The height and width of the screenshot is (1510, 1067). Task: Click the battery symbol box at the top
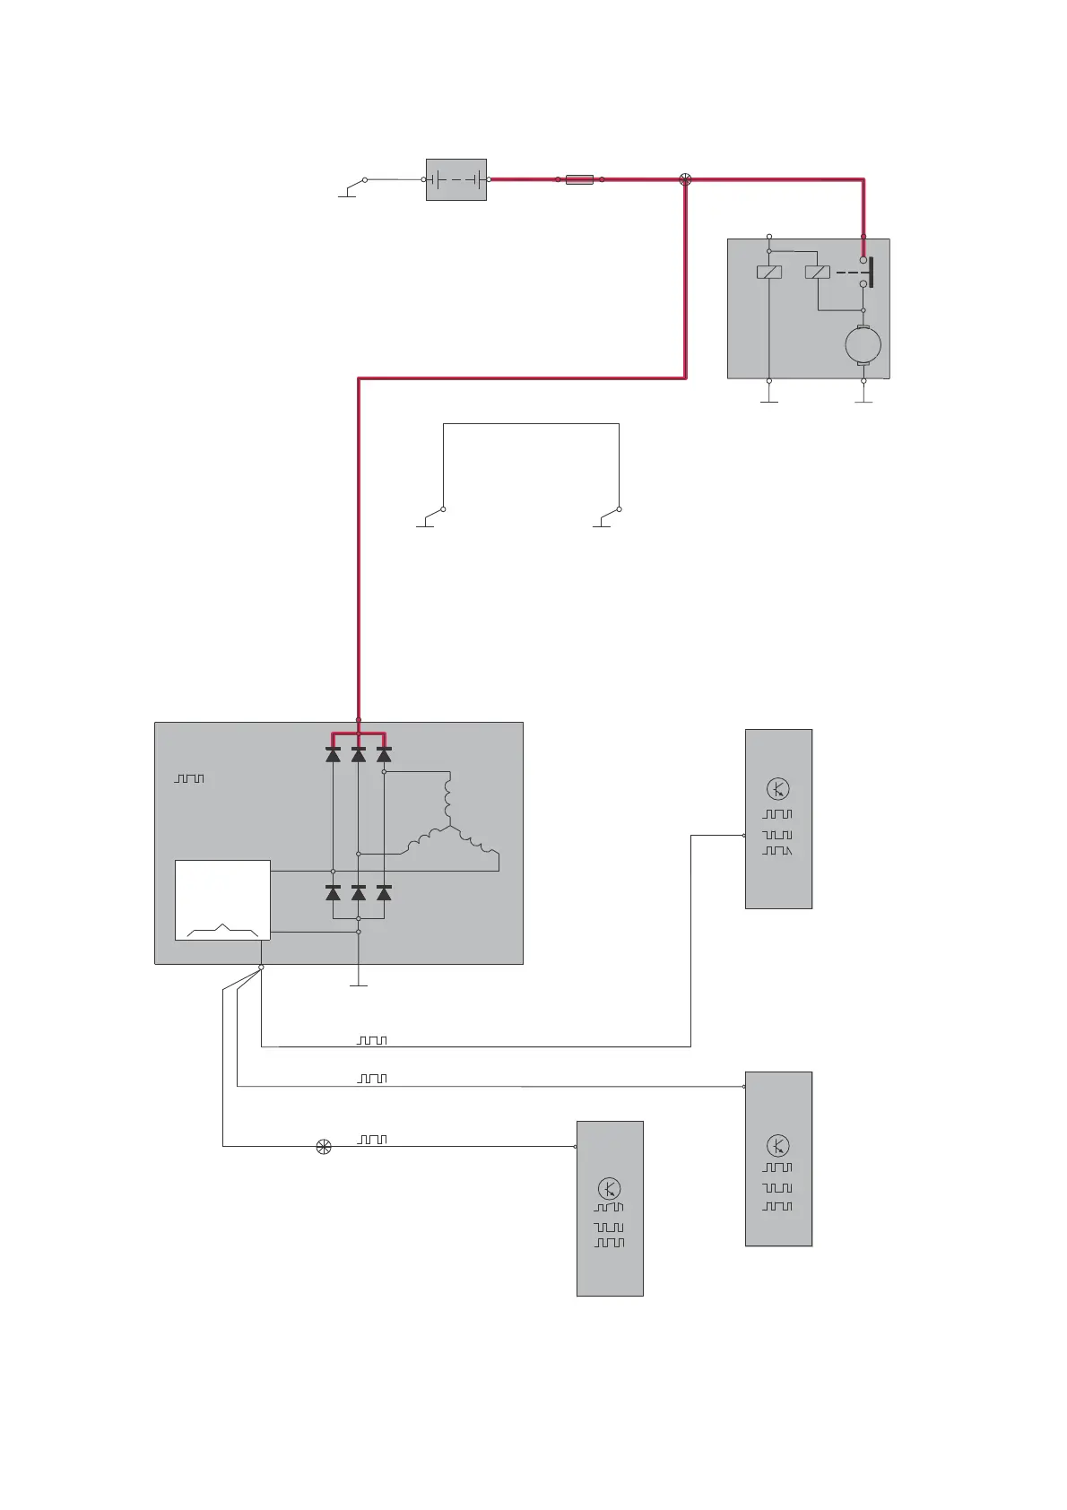tap(455, 179)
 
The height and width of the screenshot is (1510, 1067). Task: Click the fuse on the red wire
tap(579, 179)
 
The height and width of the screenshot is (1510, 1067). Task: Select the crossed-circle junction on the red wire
tap(686, 179)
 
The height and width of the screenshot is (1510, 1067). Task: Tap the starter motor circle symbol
tap(863, 345)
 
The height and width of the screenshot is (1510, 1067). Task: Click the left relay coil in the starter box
tap(769, 272)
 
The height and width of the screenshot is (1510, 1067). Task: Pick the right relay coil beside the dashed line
tap(817, 272)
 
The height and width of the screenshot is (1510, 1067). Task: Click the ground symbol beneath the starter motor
tap(863, 400)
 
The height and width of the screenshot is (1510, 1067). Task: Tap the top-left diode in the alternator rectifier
tap(333, 755)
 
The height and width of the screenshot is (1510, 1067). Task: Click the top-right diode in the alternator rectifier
tap(384, 755)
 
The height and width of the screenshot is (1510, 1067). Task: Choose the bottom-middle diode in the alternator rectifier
tap(358, 893)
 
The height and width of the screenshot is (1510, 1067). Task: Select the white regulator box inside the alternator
tap(222, 899)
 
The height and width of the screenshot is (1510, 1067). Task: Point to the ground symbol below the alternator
tap(358, 985)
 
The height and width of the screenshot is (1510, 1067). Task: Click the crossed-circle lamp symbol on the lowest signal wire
tap(324, 1146)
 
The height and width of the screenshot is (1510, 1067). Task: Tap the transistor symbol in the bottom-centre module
tap(609, 1190)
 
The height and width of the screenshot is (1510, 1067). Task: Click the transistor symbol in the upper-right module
tap(777, 789)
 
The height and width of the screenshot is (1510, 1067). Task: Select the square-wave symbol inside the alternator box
tap(189, 778)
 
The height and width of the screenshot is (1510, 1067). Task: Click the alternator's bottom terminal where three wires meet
tap(261, 968)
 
